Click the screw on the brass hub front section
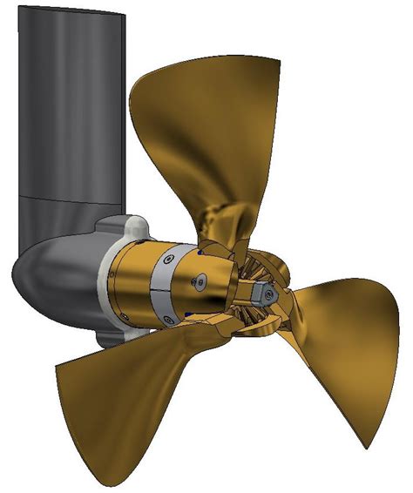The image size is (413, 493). [x=202, y=281]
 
